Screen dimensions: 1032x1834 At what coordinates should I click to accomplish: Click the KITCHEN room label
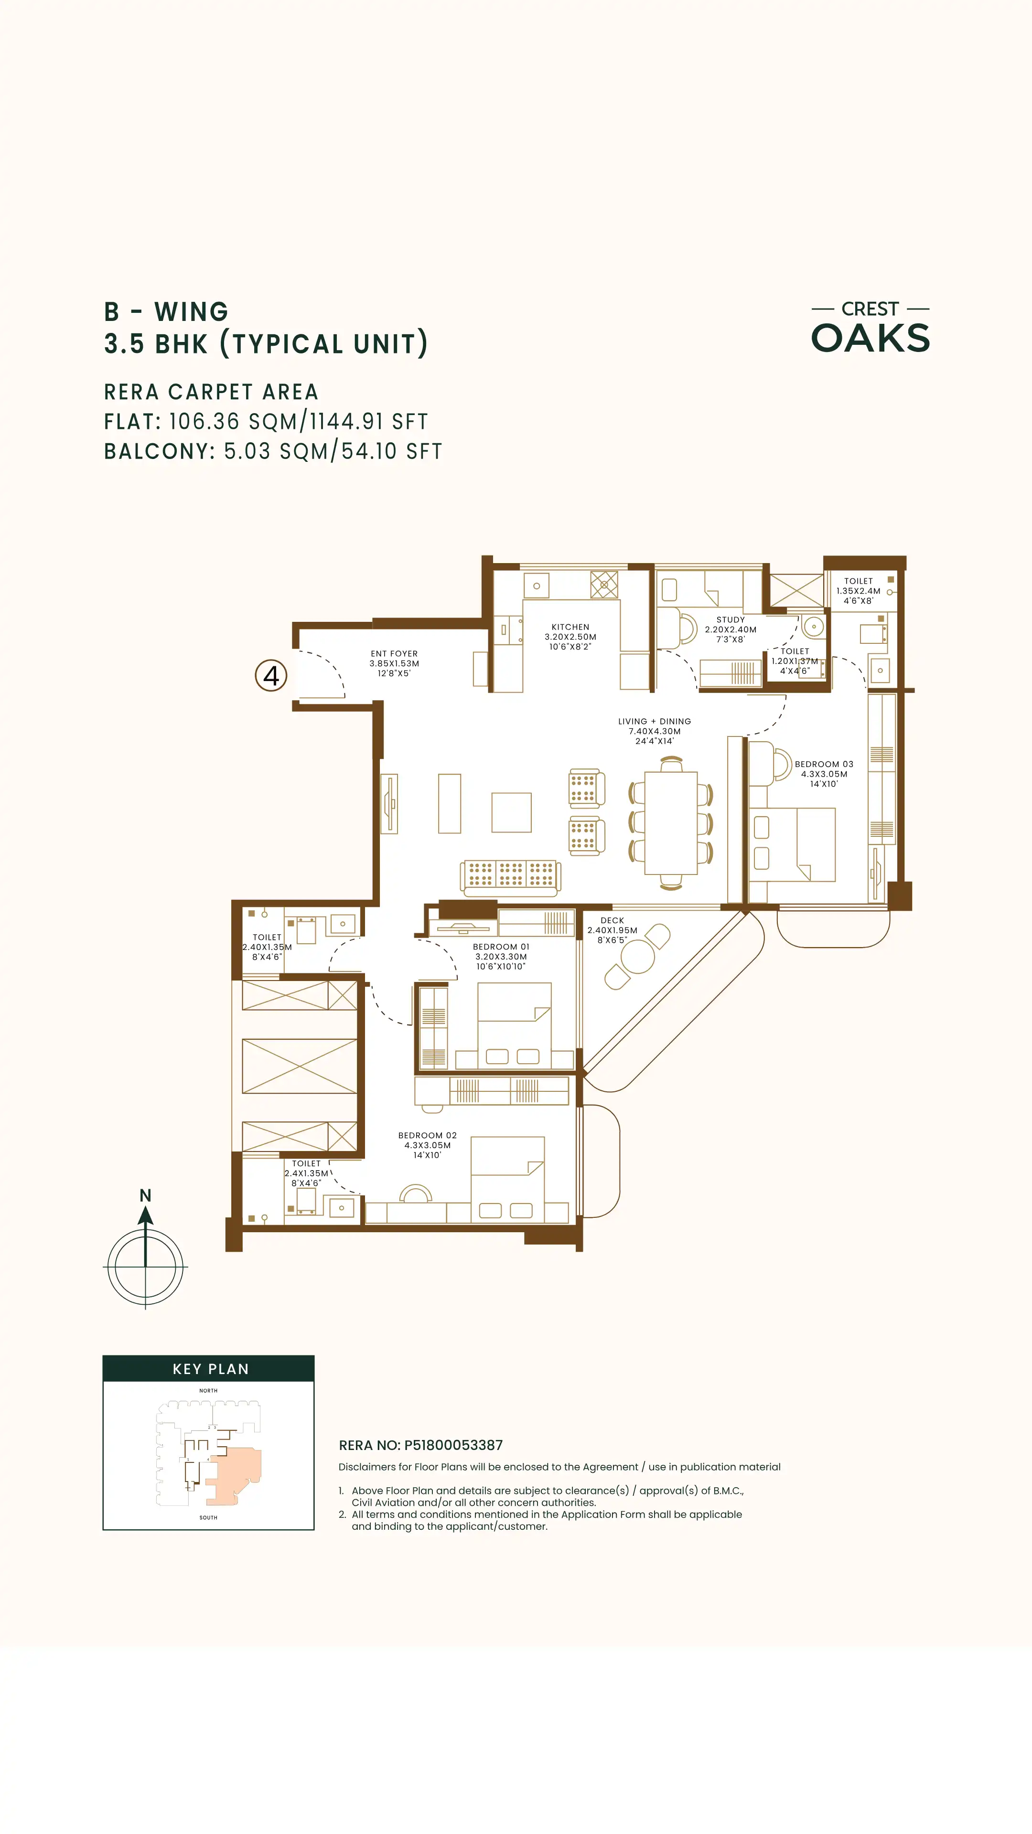pos(570,627)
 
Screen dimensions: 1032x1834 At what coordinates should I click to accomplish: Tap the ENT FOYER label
pos(394,653)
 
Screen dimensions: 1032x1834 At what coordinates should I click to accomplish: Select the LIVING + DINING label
pos(655,721)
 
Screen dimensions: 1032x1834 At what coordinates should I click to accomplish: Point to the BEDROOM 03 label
pos(824,764)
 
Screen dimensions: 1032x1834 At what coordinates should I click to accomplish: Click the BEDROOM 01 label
pos(501,947)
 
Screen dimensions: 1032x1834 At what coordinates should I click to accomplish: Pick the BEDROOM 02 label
pos(427,1136)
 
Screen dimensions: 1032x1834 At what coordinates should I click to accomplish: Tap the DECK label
pos(613,920)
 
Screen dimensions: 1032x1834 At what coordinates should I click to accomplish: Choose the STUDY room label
pos(731,620)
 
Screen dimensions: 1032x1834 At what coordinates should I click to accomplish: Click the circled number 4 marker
pos(271,676)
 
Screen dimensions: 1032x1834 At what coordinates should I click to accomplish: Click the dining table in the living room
pos(671,823)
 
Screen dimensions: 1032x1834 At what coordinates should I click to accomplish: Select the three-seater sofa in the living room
pos(511,876)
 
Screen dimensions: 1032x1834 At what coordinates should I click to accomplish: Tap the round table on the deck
pos(637,957)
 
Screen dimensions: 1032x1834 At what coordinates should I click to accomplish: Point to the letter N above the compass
pos(145,1195)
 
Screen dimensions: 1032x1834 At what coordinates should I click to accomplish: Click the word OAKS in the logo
pos(871,338)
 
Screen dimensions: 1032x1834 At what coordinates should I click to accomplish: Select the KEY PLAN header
pos(211,1369)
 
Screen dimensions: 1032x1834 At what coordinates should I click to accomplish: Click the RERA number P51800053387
pos(454,1445)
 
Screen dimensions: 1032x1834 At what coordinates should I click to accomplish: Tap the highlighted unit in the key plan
pos(235,1475)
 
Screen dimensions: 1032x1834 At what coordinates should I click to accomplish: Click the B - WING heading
pos(166,312)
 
